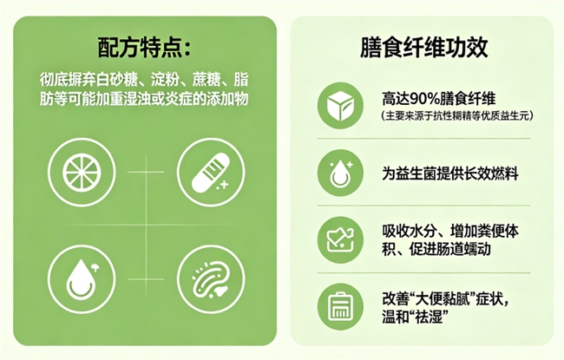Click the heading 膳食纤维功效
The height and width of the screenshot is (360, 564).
[x=423, y=48]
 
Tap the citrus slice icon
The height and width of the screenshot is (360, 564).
[x=82, y=173]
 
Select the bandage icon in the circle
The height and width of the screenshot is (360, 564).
[x=211, y=173]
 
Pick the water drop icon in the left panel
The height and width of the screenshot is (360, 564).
[x=82, y=279]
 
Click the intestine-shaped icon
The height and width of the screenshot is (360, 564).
[x=211, y=279]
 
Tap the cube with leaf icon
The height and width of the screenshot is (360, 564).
[x=340, y=106]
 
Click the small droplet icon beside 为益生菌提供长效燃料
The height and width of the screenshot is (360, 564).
[x=340, y=173]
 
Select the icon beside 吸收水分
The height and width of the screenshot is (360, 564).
[x=340, y=240]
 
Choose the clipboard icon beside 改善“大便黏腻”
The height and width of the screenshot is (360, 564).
[x=340, y=307]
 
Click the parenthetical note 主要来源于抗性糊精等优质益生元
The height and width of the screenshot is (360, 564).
[x=457, y=116]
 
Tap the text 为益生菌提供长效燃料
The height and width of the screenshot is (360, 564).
[x=450, y=174]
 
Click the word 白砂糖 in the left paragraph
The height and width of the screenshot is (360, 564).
[x=117, y=80]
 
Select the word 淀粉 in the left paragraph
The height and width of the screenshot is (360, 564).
[x=165, y=80]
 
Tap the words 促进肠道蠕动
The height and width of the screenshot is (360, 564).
[x=450, y=249]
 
